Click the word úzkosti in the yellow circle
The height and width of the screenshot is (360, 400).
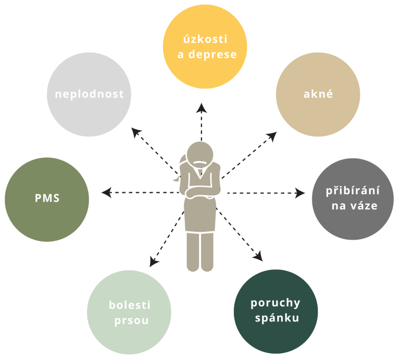[x=205, y=39]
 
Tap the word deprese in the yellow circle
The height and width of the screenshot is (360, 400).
[x=213, y=54]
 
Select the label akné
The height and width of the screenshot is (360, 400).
[x=318, y=94]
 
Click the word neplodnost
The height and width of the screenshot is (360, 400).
[x=89, y=94]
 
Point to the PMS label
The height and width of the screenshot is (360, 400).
[x=47, y=198]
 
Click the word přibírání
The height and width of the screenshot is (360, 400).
[x=353, y=191]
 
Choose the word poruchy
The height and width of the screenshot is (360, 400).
[x=275, y=303]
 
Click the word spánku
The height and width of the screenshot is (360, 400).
[x=277, y=318]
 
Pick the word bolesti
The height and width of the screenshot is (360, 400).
[x=130, y=305]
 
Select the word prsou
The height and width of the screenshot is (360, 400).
[x=131, y=320]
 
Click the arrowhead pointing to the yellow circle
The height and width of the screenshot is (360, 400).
[x=202, y=108]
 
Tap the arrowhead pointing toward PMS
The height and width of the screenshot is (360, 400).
[x=107, y=192]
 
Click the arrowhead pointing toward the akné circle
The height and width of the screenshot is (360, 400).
[x=272, y=136]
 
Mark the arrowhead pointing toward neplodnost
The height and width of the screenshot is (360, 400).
[x=136, y=132]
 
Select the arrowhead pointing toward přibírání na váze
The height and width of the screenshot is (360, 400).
[x=300, y=193]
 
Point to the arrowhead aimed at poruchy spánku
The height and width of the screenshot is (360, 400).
[x=258, y=256]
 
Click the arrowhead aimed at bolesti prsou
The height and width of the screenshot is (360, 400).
[x=154, y=262]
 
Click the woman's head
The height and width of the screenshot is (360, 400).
[x=200, y=155]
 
